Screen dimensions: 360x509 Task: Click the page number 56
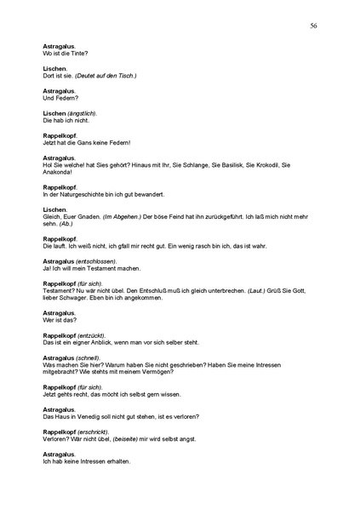click(314, 26)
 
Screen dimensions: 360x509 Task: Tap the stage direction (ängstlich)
click(83, 113)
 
